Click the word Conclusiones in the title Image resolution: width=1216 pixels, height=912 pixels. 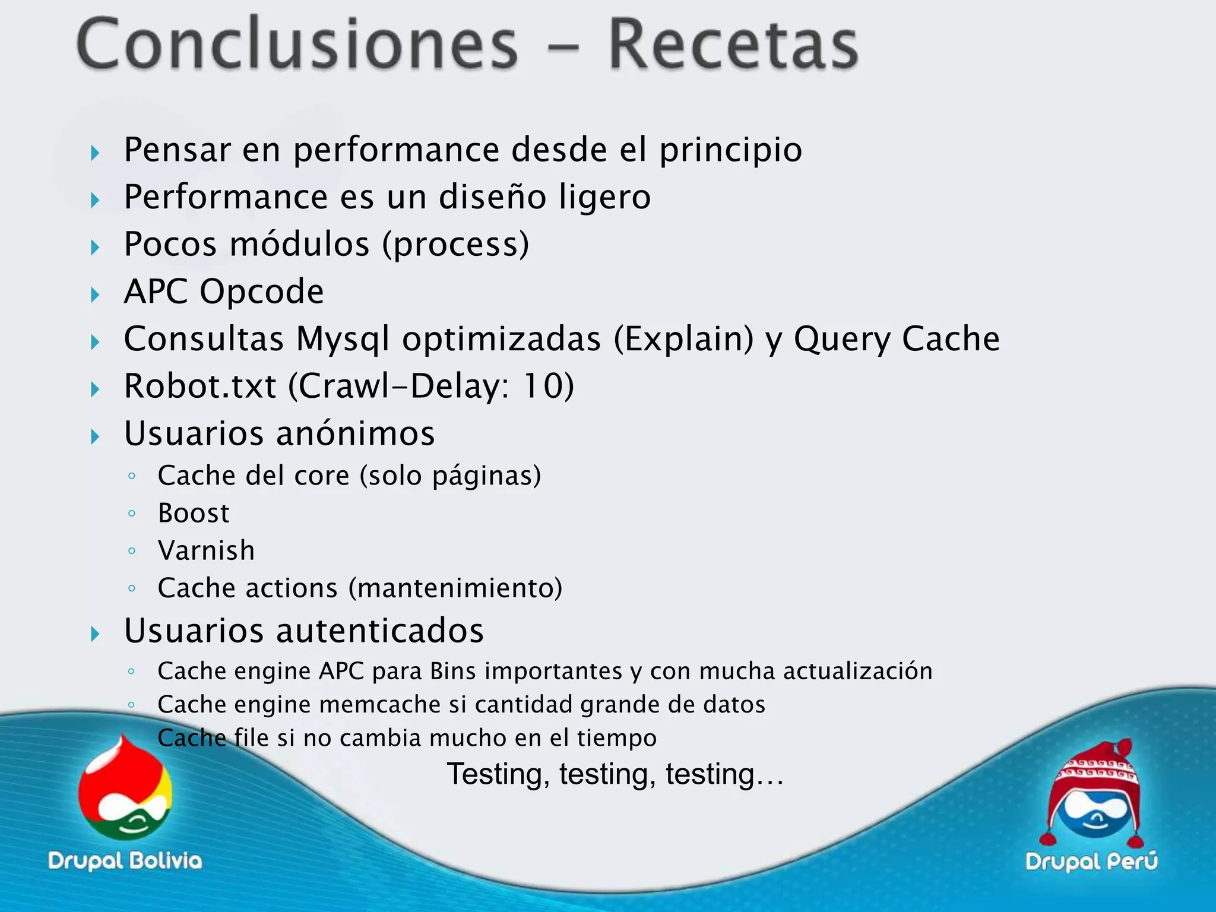point(297,45)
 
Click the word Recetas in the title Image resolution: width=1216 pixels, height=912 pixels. point(733,45)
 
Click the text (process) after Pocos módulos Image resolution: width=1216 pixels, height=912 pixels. point(455,245)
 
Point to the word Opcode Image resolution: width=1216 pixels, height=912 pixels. point(261,292)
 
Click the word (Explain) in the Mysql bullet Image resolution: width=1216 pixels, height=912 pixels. point(683,340)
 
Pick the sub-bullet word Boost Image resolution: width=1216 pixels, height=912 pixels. point(194,513)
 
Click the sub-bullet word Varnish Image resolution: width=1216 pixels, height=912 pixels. point(206,550)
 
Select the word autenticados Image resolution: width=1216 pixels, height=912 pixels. point(380,631)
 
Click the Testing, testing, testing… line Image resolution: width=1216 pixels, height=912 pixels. point(615,774)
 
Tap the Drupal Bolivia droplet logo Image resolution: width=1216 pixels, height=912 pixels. point(125,790)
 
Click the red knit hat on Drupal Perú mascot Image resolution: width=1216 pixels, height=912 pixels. point(1095,772)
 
